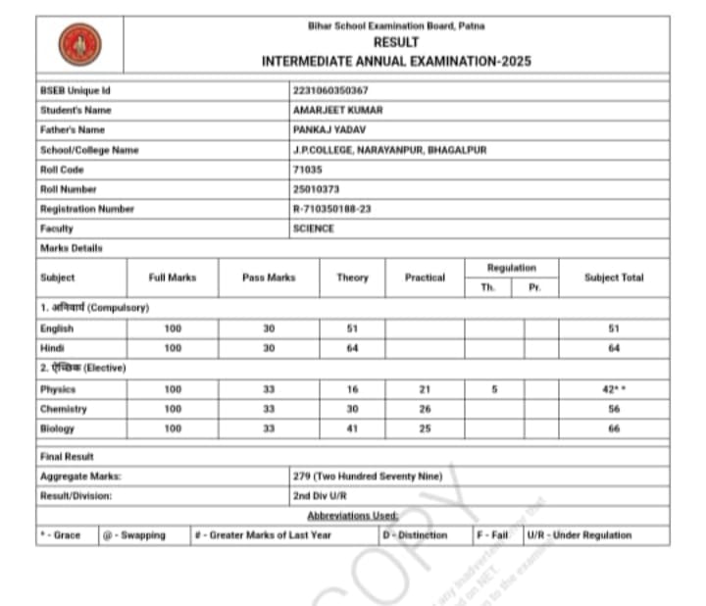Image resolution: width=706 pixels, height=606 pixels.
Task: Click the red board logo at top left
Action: [79, 44]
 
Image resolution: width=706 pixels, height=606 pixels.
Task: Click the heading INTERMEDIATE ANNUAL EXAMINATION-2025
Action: [396, 61]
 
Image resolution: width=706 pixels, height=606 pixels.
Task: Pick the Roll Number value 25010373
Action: [316, 189]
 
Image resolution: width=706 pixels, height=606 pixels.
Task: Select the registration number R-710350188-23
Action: [331, 209]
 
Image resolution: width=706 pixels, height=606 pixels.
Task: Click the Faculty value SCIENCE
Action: [313, 228]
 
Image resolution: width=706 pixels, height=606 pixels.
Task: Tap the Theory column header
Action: [352, 278]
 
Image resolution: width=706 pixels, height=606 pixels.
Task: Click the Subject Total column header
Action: [614, 278]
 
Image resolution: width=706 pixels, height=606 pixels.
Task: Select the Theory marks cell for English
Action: [352, 328]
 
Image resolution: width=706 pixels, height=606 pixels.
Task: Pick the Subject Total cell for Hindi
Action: [614, 348]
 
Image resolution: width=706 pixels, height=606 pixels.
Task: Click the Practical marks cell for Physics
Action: [425, 389]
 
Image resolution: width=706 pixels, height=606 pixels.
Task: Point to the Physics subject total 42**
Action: [614, 389]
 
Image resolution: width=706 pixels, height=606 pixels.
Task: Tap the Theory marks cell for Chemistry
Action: [352, 409]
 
